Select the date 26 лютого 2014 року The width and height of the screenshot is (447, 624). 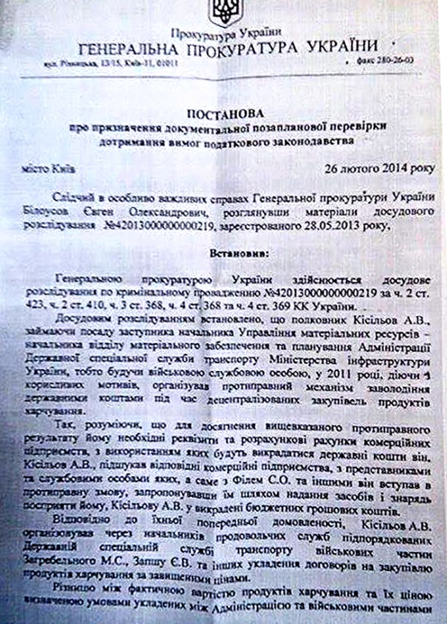371,168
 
